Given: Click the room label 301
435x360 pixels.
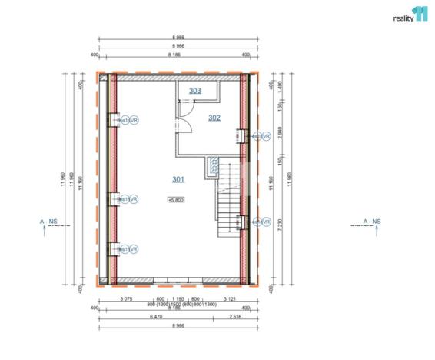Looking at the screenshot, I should point(178,180).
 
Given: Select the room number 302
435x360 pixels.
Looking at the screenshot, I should point(214,118).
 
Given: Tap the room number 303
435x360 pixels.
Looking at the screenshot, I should point(195,91).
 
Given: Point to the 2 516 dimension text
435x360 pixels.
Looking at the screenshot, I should point(237,315).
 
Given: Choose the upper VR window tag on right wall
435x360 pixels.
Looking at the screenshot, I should point(259,136).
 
